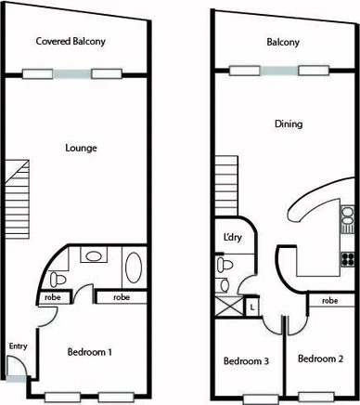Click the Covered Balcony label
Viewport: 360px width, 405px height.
71,42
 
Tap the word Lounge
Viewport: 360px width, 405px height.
82,148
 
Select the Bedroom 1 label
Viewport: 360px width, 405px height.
91,352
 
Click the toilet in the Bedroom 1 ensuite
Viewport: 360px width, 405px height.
58,278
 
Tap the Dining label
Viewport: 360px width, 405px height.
288,124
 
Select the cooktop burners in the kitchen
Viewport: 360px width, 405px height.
349,258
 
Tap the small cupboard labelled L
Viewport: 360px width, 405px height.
252,305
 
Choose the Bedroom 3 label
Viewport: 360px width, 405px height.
246,360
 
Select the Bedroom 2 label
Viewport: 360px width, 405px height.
320,359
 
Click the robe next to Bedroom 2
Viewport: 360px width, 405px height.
329,301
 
